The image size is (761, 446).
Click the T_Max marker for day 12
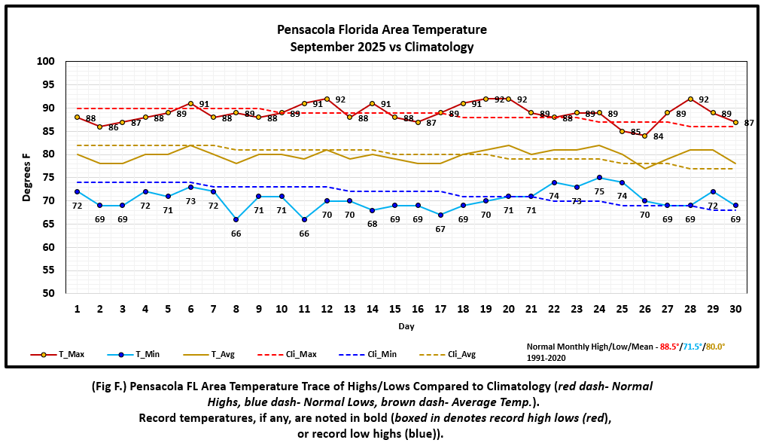327,99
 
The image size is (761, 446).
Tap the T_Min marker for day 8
236,219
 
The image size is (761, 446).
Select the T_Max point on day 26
644,136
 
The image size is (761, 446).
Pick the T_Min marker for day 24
599,178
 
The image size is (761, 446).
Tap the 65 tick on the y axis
48,224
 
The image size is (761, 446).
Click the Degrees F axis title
26,177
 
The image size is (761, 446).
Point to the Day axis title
406,327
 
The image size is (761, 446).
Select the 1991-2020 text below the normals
546,357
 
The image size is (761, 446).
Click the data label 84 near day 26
658,136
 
